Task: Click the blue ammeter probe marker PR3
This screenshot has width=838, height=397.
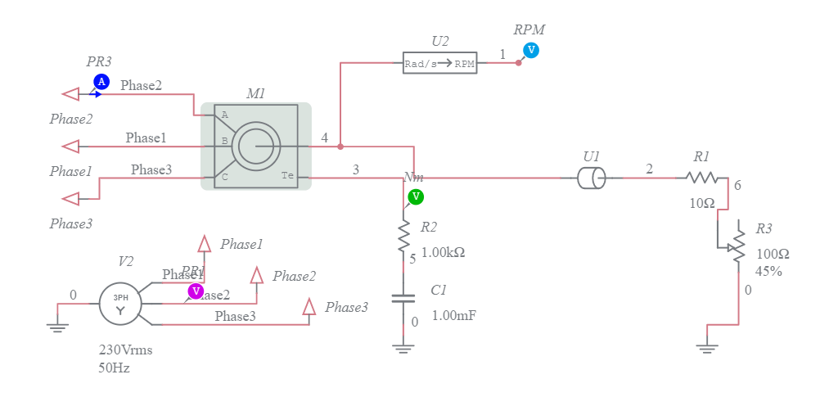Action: (101, 82)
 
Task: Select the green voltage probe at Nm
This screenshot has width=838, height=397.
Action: (416, 196)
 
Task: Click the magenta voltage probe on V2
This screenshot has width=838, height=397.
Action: (196, 291)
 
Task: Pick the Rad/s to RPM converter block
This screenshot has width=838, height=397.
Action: (439, 63)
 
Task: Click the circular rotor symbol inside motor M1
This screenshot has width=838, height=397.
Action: (256, 147)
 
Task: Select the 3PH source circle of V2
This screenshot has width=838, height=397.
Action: (120, 304)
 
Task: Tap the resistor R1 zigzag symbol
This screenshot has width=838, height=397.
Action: (701, 178)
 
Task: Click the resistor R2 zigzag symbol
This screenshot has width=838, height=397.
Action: (403, 236)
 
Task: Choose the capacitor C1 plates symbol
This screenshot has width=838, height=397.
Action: (403, 300)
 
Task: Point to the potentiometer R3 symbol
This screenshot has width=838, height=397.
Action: (739, 242)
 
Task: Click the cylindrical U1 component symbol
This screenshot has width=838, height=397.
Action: (590, 178)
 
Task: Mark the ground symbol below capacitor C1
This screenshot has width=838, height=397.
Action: (403, 349)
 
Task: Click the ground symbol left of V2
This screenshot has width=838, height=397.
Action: (56, 327)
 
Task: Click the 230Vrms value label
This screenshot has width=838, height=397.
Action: (125, 350)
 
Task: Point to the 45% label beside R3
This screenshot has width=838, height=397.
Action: (768, 271)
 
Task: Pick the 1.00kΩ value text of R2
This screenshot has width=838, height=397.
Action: (443, 253)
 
